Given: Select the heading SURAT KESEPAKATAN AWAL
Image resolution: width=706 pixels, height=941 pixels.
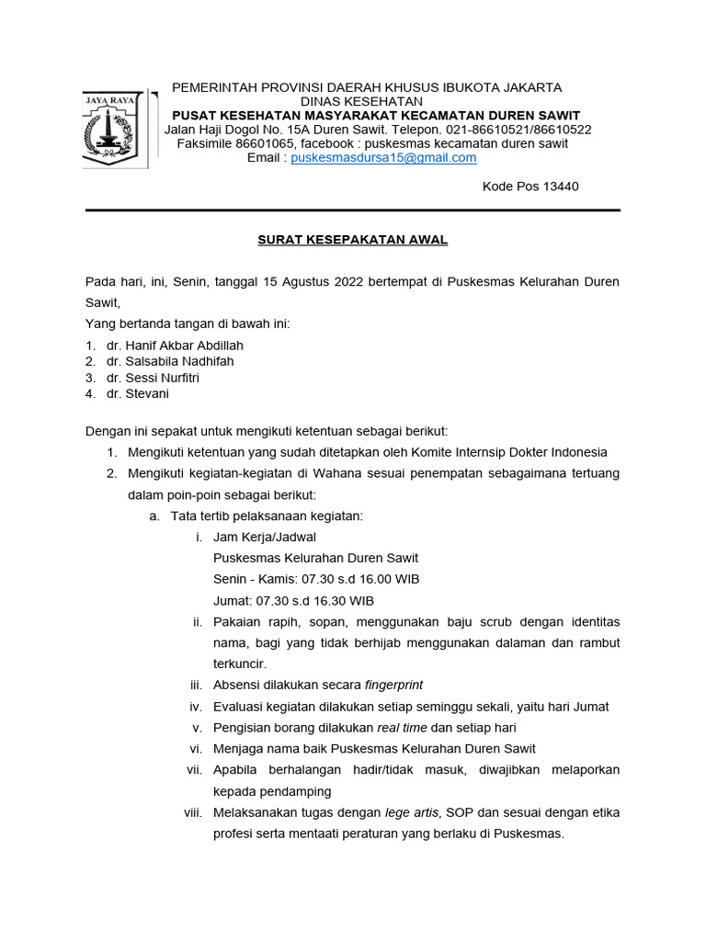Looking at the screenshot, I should [352, 240].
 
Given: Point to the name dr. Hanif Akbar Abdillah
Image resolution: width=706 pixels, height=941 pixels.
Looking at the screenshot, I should [175, 346].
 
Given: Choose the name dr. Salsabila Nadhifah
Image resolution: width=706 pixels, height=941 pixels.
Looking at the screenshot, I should [170, 361].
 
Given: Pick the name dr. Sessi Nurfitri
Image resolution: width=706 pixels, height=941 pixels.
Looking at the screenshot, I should [153, 378].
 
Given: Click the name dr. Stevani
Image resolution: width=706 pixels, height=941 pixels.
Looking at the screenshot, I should [138, 393].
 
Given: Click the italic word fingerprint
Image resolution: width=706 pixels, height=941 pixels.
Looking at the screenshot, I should [393, 685].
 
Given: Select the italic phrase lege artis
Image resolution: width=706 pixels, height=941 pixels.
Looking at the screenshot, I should [410, 812].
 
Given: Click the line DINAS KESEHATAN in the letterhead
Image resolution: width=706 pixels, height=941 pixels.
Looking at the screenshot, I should [362, 101].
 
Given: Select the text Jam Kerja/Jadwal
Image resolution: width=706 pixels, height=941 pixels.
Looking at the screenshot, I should [265, 537].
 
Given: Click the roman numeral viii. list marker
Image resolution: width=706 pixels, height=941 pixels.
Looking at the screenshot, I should [192, 812].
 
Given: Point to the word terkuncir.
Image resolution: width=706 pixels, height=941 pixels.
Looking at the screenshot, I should [239, 663].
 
